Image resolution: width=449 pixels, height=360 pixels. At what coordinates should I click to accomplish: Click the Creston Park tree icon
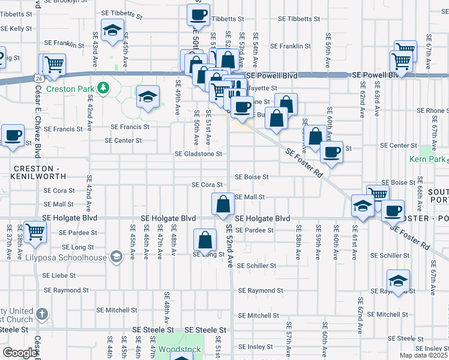click(x=103, y=88)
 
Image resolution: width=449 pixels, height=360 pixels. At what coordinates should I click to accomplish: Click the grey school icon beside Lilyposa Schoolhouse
click(x=116, y=257)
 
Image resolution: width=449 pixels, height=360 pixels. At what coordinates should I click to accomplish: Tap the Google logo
click(x=19, y=353)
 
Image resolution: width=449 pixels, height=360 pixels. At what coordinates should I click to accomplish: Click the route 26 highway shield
click(x=38, y=78)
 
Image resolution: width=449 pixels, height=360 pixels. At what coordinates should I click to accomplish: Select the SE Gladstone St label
click(x=198, y=154)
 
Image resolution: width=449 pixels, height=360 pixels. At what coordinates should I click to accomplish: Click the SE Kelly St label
click(x=16, y=28)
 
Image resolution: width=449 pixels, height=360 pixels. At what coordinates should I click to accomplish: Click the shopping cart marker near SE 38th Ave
click(x=35, y=231)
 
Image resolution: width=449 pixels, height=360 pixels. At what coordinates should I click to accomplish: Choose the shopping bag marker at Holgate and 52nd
click(x=223, y=203)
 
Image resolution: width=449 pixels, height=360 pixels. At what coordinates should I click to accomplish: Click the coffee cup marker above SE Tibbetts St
click(x=199, y=14)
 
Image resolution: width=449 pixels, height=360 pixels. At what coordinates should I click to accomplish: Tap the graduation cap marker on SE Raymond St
click(x=398, y=280)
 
